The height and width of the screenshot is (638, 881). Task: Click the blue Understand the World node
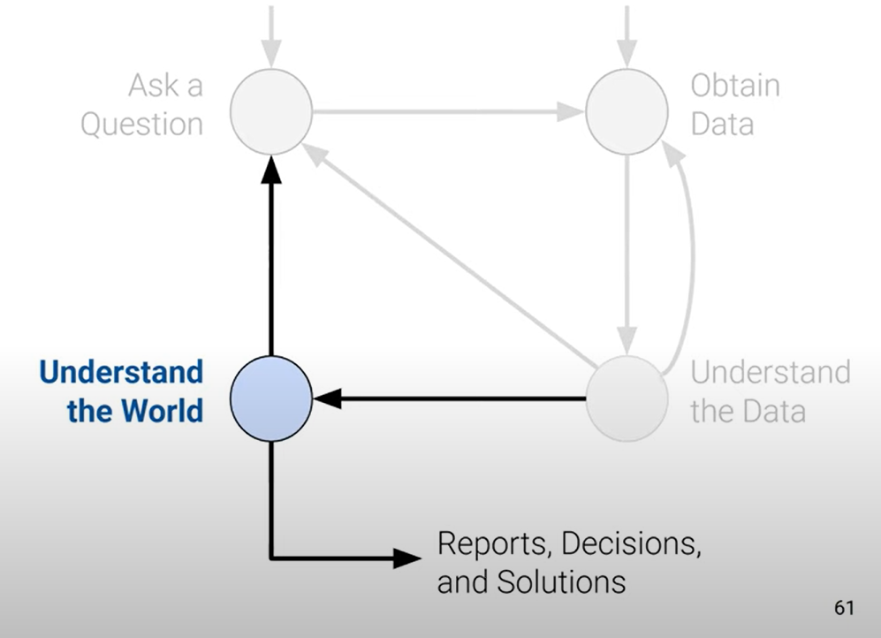coord(270,399)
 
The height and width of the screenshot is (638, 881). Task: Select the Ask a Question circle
coord(270,111)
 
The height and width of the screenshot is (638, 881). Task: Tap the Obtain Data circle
coord(627,111)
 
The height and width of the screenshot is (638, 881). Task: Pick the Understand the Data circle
coord(627,399)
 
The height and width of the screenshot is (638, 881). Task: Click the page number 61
coord(844,608)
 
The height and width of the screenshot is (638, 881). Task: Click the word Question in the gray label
coord(141,124)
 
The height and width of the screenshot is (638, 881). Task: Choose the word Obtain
coord(735,86)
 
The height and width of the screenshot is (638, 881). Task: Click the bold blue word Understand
coord(121,371)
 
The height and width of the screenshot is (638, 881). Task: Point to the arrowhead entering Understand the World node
coord(327,399)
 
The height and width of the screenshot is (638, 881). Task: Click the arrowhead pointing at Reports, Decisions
coord(406,558)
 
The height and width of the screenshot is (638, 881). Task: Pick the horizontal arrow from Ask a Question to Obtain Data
coord(446,112)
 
